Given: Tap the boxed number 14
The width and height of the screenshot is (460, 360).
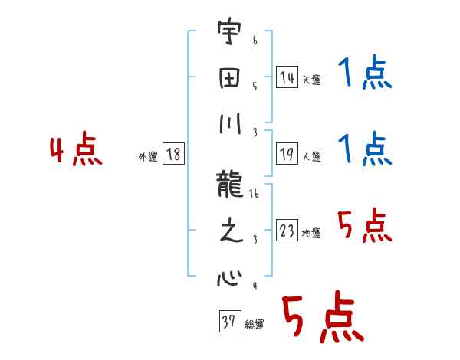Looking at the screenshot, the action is pyautogui.click(x=287, y=77).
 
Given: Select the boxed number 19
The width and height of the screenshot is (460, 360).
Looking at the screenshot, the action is pyautogui.click(x=287, y=154).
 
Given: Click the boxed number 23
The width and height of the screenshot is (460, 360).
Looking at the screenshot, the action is pyautogui.click(x=287, y=231).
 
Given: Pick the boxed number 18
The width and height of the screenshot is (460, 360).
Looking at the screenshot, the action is pyautogui.click(x=173, y=155).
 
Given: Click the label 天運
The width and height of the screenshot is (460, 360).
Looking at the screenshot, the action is pyautogui.click(x=311, y=80).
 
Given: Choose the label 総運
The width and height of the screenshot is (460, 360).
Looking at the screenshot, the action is pyautogui.click(x=254, y=325).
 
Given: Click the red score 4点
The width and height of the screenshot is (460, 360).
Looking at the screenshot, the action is pyautogui.click(x=76, y=152).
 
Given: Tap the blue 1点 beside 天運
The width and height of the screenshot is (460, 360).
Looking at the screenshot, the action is pyautogui.click(x=364, y=75).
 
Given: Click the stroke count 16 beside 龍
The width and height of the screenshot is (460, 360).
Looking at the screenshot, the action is pyautogui.click(x=254, y=195).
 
